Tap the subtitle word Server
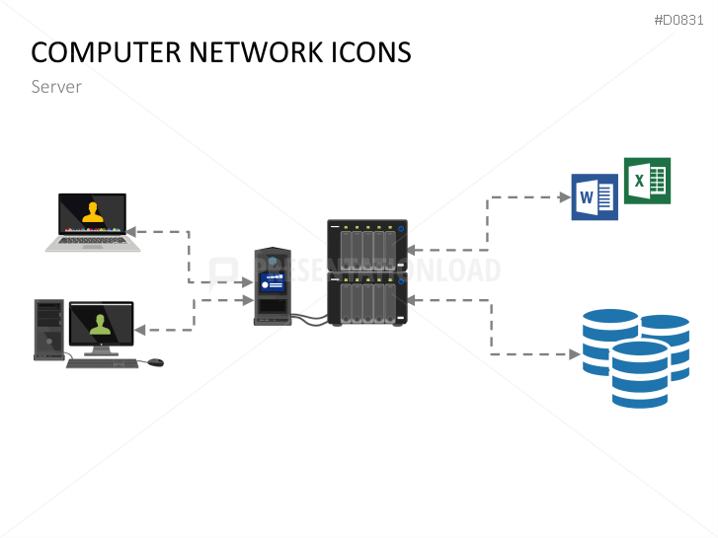pos(56,87)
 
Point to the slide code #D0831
pos(680,21)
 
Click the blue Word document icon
pos(594,197)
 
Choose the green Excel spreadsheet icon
pos(647,181)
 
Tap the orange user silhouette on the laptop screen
pos(92,212)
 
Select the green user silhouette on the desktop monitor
pos(100,325)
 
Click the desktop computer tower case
pos(48,328)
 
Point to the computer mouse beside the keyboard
pos(155,362)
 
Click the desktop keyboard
pos(102,363)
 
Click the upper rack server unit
pos(367,245)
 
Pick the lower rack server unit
pos(367,298)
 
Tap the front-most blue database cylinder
pos(639,374)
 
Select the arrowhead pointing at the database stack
pos(574,353)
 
